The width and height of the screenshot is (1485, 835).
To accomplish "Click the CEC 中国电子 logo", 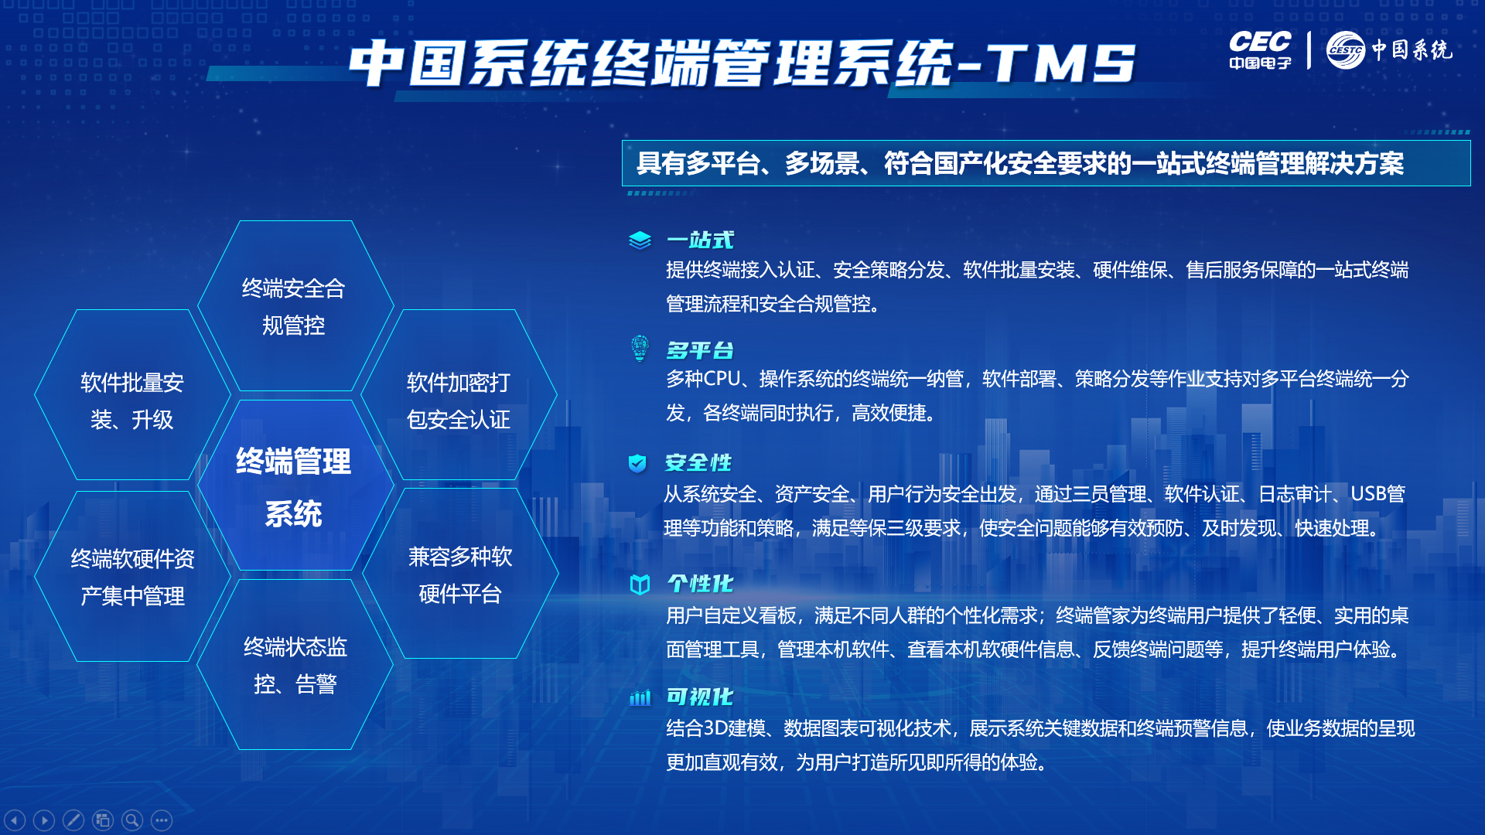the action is pos(1260,50).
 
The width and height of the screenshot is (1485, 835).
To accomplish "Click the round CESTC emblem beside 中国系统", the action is pos(1346,50).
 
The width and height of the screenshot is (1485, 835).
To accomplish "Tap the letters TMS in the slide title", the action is pos(1060,63).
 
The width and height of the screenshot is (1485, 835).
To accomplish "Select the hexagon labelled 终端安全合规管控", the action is pos(295,306).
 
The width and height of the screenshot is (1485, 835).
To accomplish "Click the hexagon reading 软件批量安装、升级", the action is pos(132,394).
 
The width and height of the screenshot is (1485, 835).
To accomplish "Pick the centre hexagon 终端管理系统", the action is pos(295,486).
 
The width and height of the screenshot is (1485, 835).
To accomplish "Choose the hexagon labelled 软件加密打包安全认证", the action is pos(459,394).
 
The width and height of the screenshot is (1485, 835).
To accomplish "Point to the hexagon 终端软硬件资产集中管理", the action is pos(132,576).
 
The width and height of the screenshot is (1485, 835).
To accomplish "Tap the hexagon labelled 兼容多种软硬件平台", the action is pos(460,574).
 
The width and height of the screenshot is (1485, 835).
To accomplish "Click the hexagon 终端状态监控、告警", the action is pos(295,665).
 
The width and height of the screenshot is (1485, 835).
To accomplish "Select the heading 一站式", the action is pos(700,240).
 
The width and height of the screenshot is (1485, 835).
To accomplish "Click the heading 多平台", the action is pos(700,350).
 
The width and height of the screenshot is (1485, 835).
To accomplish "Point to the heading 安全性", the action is pos(698,462).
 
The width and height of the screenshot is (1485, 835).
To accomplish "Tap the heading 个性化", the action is pos(700,583).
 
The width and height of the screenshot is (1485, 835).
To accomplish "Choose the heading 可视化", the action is pos(700,697).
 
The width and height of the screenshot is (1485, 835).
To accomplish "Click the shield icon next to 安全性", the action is pos(637,463).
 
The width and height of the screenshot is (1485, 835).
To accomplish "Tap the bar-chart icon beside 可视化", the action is pos(640,698).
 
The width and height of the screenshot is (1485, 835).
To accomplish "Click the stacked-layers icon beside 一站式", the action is pos(640,240).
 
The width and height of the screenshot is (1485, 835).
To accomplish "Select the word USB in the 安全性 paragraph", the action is pos(1369,493).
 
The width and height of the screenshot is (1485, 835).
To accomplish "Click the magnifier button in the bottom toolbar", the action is pos(132,820).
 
